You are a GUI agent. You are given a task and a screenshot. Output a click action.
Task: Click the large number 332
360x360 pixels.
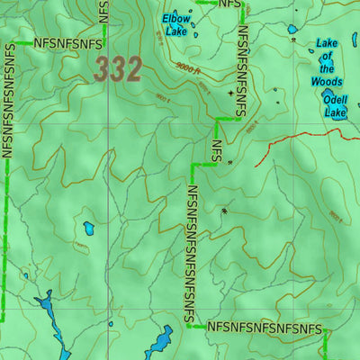click(118, 69)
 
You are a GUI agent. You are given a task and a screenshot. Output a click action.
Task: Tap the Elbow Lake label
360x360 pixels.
click(175, 24)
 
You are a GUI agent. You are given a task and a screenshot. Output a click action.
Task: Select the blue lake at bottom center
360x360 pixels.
click(159, 342)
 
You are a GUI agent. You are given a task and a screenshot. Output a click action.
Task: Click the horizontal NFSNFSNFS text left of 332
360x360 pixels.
click(67, 42)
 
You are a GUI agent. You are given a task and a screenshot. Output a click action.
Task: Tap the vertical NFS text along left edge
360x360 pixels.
click(9, 99)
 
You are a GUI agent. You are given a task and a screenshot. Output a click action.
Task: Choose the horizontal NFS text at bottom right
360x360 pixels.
click(264, 328)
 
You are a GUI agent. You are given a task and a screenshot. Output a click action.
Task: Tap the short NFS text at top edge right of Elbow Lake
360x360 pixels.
click(230, 4)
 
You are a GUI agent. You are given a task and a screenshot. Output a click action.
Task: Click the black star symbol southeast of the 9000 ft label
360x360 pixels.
click(230, 93)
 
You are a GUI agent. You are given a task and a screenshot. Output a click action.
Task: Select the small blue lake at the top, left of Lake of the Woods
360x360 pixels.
click(292, 30)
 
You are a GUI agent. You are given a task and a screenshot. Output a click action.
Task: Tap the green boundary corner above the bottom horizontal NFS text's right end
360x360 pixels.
click(325, 332)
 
